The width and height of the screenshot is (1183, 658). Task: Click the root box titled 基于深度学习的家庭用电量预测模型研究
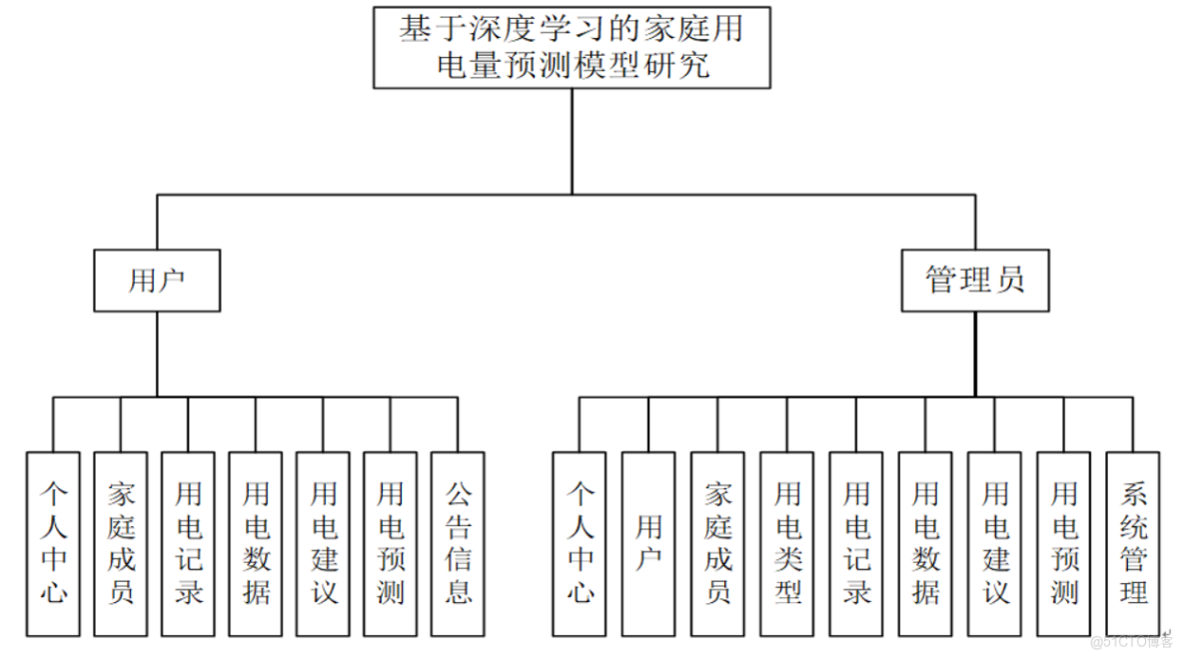(x=573, y=47)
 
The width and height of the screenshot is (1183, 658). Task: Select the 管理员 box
(x=975, y=281)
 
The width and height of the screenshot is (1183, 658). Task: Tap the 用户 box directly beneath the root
(x=157, y=281)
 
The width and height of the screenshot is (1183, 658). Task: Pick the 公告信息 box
(x=458, y=544)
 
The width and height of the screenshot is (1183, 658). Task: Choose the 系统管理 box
(x=1133, y=544)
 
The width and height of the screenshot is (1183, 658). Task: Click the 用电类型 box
(x=787, y=544)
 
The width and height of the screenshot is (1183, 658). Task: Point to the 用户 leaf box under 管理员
(x=648, y=544)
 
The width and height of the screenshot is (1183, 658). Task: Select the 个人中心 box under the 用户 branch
(x=53, y=544)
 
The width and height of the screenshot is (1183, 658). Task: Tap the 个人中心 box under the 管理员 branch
(x=580, y=544)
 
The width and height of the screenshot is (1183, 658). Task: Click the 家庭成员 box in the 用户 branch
(x=120, y=544)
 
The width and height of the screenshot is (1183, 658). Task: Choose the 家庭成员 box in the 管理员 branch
(x=717, y=544)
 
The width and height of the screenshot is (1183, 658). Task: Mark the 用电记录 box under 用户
(x=188, y=544)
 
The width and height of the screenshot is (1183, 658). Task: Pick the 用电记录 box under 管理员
(x=856, y=544)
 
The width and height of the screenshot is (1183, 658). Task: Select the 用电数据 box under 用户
(x=256, y=544)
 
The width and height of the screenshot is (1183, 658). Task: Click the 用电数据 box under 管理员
(x=925, y=544)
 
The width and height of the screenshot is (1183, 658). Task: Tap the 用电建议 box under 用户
(x=323, y=544)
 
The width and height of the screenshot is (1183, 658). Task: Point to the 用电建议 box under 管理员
(x=995, y=544)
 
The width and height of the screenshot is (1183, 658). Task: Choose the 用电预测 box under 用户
(x=390, y=544)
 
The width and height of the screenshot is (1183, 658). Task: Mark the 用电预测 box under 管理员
(x=1064, y=544)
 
